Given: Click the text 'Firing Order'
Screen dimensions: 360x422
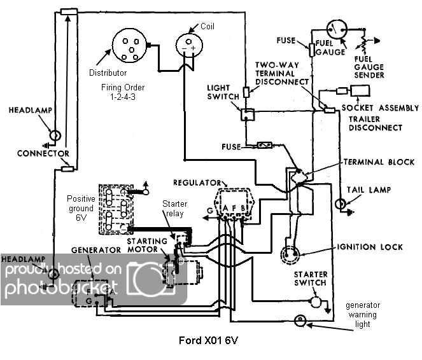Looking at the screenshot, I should tap(122, 87).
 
